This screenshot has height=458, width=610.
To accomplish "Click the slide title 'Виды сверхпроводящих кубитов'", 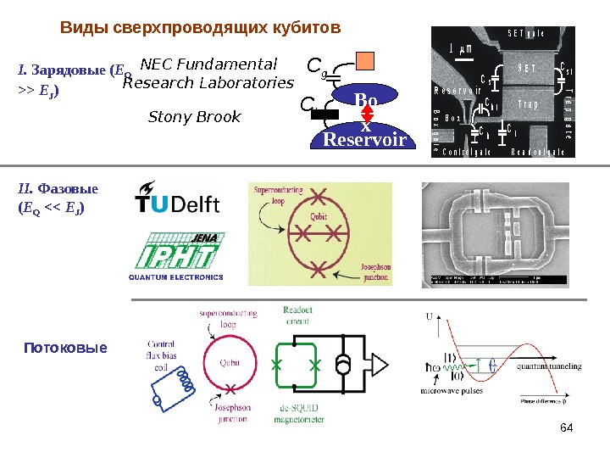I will (200, 28).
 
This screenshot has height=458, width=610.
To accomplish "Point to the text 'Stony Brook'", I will (194, 116).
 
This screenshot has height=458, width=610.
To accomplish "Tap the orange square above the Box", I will (364, 61).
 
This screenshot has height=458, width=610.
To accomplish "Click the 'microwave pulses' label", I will (454, 392).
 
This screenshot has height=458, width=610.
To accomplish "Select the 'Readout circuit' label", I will (297, 315).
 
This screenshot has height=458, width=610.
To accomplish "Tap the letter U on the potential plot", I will (429, 316).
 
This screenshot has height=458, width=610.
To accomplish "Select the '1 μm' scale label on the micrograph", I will (462, 48).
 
